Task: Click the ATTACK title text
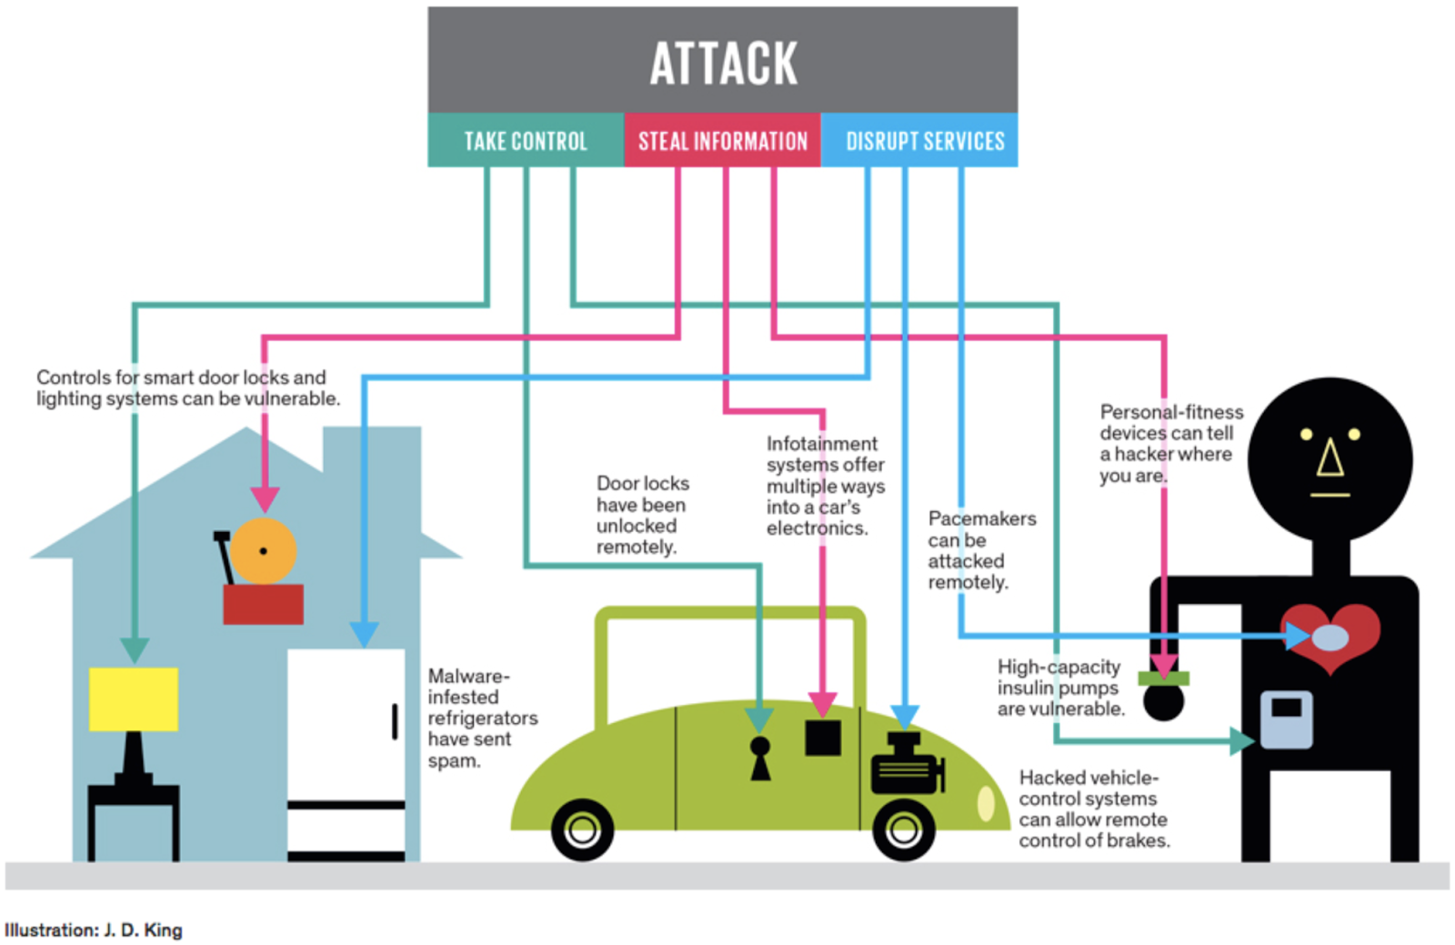click(x=723, y=64)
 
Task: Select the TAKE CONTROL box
click(x=526, y=141)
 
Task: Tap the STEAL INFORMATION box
click(x=723, y=141)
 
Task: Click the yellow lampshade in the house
click(x=134, y=699)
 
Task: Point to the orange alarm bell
click(x=264, y=550)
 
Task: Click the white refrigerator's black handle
click(x=395, y=721)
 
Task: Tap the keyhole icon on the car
click(x=760, y=758)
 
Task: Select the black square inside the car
click(x=823, y=738)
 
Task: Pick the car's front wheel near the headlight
click(x=903, y=829)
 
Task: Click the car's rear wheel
click(x=582, y=829)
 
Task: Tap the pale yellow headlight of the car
click(x=986, y=803)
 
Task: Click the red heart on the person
click(x=1331, y=635)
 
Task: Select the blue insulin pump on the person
click(x=1286, y=719)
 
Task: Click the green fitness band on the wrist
click(x=1164, y=678)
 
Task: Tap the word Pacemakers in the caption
click(x=981, y=518)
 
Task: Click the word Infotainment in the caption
click(x=821, y=444)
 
